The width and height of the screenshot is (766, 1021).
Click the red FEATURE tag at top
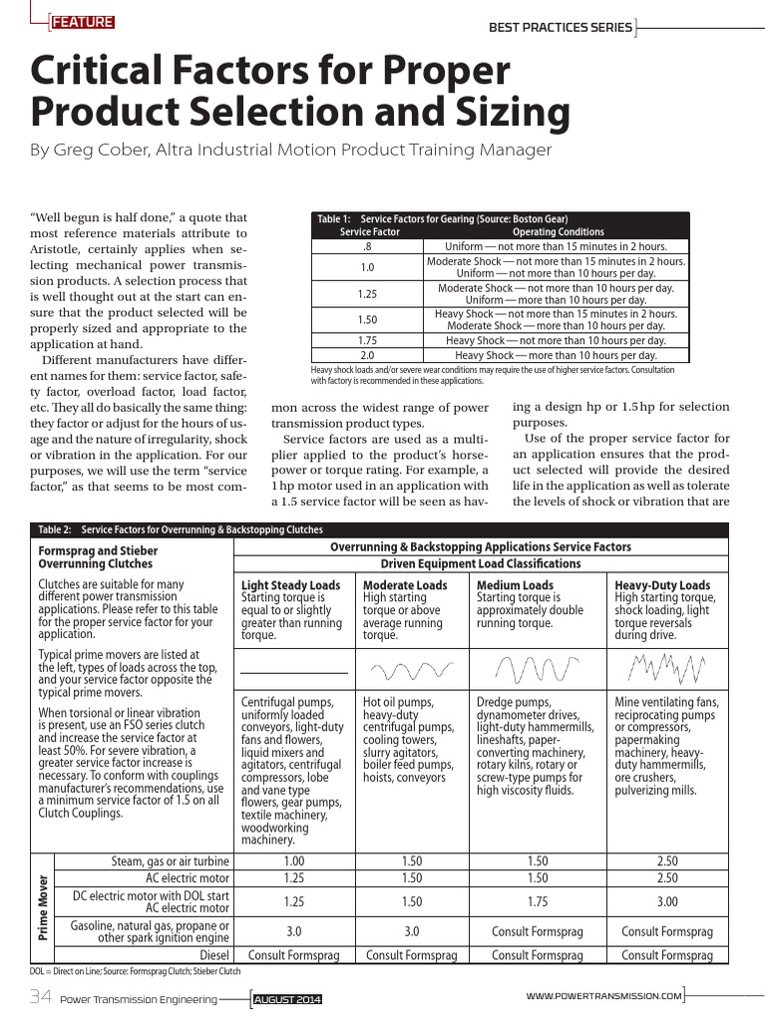82,23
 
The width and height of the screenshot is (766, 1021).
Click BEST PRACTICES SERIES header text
560,27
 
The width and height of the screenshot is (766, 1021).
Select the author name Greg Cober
100,150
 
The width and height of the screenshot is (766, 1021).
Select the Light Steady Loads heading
290,585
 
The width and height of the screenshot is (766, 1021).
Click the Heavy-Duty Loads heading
662,585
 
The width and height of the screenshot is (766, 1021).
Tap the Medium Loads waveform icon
537,666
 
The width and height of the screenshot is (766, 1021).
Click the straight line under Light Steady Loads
294,674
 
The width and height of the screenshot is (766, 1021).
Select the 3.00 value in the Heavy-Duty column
667,901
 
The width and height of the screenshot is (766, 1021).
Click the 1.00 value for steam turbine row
294,860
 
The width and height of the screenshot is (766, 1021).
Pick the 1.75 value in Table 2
537,901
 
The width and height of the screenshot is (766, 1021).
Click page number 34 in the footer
40,996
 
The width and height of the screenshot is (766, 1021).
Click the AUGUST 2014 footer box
286,998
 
